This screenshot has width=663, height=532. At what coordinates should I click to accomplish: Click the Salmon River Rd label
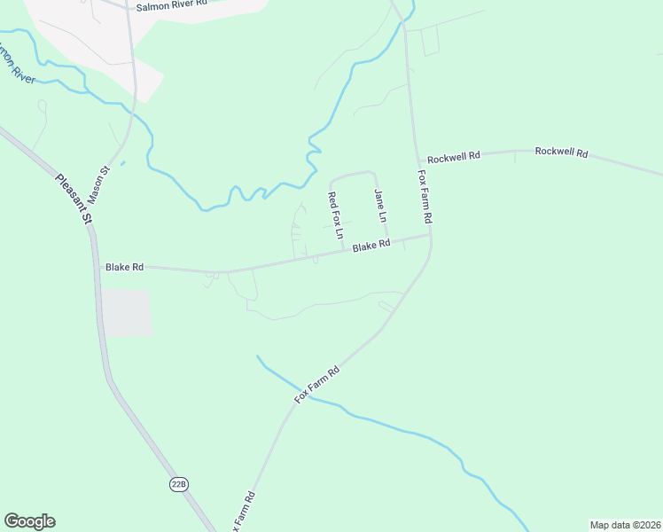click(x=172, y=5)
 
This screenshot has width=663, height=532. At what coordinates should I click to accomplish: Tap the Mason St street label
click(x=97, y=183)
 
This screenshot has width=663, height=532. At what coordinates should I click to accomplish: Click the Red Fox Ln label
click(x=335, y=215)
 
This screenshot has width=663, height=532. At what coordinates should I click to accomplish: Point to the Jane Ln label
click(x=380, y=206)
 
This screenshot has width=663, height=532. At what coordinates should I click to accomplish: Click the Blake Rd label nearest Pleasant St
click(x=124, y=266)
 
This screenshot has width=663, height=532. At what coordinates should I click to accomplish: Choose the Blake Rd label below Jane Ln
click(x=371, y=246)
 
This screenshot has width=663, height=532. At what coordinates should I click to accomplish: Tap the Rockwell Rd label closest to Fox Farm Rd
click(x=453, y=157)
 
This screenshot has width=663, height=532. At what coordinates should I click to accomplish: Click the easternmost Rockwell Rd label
click(x=561, y=152)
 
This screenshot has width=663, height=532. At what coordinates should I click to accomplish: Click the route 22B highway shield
click(x=179, y=483)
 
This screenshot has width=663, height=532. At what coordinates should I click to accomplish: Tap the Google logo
click(x=29, y=521)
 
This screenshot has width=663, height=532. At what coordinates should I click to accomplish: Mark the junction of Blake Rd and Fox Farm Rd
click(x=430, y=235)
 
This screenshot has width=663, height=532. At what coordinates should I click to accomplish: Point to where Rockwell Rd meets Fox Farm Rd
click(x=417, y=159)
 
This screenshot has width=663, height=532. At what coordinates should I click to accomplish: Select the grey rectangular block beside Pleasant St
click(x=127, y=312)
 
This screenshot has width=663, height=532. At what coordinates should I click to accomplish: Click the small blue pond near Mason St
click(x=122, y=162)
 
